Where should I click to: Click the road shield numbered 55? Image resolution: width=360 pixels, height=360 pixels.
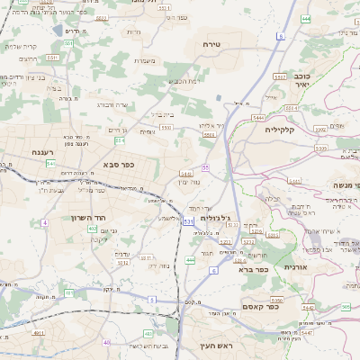pyautogui.click(x=206, y=167)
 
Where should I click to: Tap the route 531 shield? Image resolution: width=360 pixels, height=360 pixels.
pyautogui.click(x=188, y=220)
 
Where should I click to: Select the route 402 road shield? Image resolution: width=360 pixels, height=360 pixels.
pyautogui.click(x=92, y=229)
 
